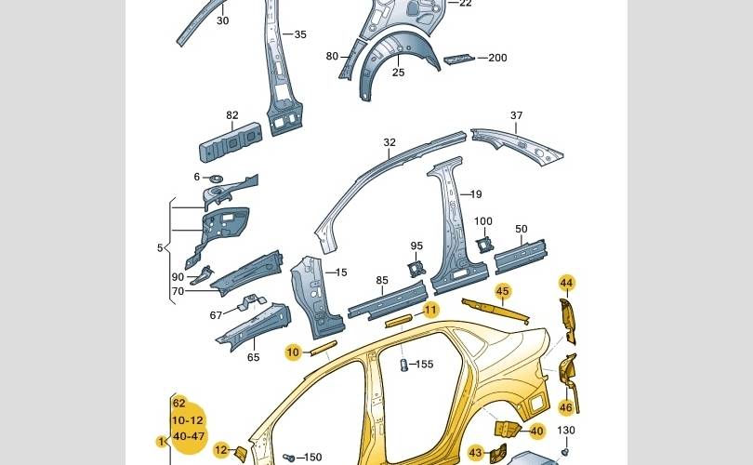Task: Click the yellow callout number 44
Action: pyautogui.click(x=566, y=283)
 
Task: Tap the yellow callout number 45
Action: pyautogui.click(x=503, y=291)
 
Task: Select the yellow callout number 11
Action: pyautogui.click(x=430, y=310)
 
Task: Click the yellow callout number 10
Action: pyautogui.click(x=293, y=352)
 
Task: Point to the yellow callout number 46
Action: pyautogui.click(x=566, y=407)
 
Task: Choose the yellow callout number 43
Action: pyautogui.click(x=476, y=453)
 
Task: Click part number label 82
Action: pyautogui.click(x=232, y=116)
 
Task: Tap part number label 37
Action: pyautogui.click(x=516, y=116)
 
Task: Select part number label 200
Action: pyautogui.click(x=497, y=58)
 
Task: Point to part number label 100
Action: pyautogui.click(x=483, y=221)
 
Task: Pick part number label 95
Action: pyautogui.click(x=416, y=246)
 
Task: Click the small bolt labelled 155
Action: pyautogui.click(x=404, y=365)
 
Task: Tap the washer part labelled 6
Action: pyautogui.click(x=215, y=178)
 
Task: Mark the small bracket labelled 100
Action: pyautogui.click(x=483, y=244)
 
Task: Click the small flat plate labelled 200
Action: pyautogui.click(x=458, y=59)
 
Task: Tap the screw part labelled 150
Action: pyautogui.click(x=288, y=458)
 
